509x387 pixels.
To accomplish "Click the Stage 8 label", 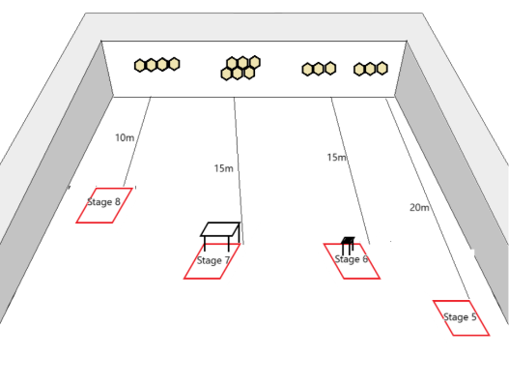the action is [x=104, y=202].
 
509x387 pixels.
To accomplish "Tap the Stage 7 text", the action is [x=213, y=260].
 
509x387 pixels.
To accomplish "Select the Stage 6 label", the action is [x=352, y=259].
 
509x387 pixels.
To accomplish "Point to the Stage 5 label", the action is [x=460, y=317].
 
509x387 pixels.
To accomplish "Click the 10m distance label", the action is [x=125, y=138].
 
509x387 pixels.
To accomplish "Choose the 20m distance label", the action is [x=419, y=207].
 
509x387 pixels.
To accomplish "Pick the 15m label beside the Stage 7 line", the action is [x=224, y=168].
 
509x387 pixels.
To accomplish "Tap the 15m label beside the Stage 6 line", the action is [x=337, y=158].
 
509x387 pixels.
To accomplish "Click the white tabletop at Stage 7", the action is [x=220, y=229].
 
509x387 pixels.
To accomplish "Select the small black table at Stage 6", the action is [x=348, y=245].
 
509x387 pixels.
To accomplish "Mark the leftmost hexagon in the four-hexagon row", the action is [x=140, y=66].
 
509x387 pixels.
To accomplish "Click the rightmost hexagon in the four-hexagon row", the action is [x=174, y=64].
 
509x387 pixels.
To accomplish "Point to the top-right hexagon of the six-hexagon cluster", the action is [x=255, y=62].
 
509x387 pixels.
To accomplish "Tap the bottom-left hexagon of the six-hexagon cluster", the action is [x=226, y=74].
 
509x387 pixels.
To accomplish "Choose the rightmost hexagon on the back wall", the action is [x=382, y=69].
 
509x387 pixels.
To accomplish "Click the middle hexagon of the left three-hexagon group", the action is [x=319, y=69].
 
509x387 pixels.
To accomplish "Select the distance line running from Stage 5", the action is [x=428, y=198].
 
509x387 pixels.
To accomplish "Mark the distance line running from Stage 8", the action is [x=137, y=141].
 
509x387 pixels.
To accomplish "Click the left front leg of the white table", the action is [x=205, y=244].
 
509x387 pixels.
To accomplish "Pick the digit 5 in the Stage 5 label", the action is [x=473, y=316].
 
